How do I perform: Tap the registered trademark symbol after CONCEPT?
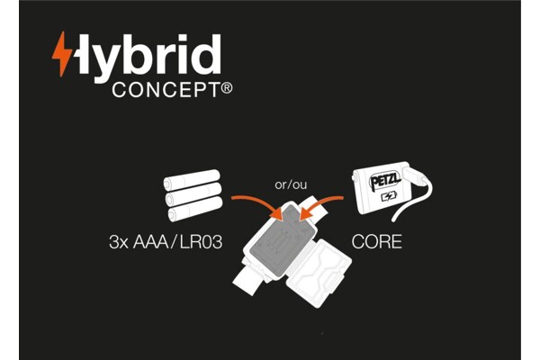click(x=227, y=89)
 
